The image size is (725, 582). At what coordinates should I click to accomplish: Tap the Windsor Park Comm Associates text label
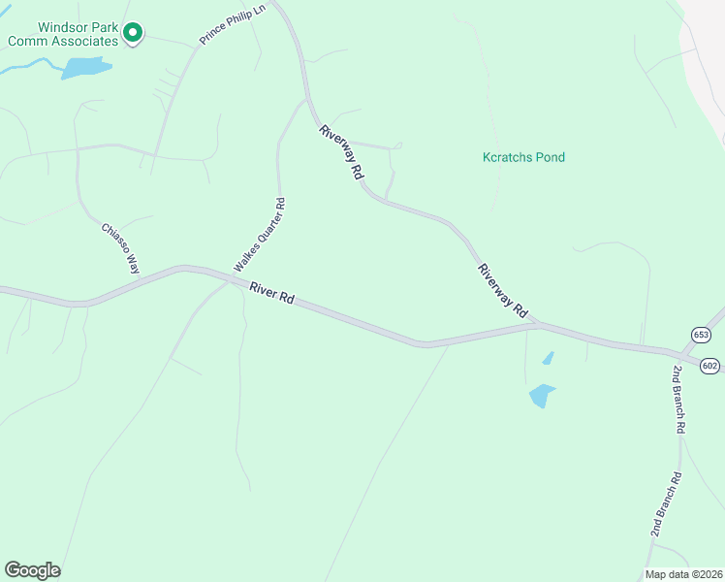coord(63,34)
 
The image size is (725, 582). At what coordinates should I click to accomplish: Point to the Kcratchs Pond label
coord(523,157)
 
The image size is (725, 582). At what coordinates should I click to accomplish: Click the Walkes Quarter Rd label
coord(260,235)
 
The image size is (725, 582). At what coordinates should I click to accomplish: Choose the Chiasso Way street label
coord(121,248)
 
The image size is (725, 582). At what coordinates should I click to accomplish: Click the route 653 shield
coord(701,335)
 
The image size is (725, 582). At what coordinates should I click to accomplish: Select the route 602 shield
coord(710,365)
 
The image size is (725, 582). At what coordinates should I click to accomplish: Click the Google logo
coord(32,569)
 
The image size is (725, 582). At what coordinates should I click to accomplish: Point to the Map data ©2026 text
coord(683,574)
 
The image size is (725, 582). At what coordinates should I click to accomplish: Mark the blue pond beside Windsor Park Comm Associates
coord(85,67)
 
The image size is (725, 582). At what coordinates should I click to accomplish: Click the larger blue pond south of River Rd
coord(541,395)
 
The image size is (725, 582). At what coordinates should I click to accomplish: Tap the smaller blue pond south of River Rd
coord(549,358)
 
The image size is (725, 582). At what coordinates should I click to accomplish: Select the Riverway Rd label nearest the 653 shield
coord(502,290)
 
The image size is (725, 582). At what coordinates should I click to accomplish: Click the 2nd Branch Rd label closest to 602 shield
coord(679,400)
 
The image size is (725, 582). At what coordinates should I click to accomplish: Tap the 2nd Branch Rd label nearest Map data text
coord(666,504)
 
